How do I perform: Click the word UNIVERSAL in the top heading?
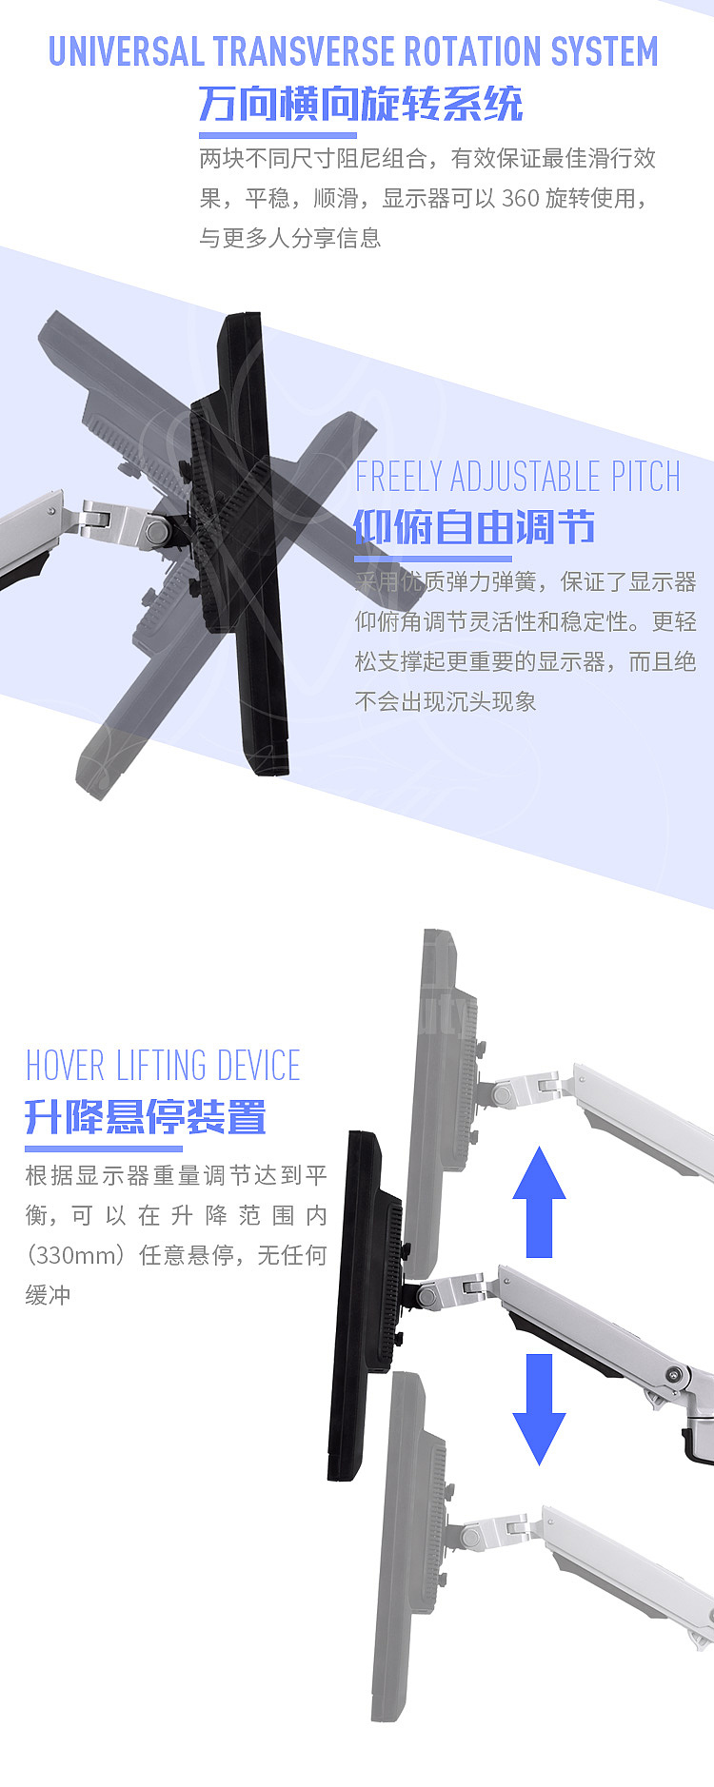tap(126, 51)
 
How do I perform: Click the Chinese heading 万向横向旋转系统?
tap(360, 104)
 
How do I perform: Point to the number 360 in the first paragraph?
tap(520, 198)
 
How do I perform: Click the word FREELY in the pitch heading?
tap(398, 477)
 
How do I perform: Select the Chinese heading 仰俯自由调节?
tap(474, 526)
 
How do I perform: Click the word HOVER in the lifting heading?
tap(65, 1066)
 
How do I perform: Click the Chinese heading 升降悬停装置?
tap(146, 1116)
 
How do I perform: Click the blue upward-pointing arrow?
tap(539, 1201)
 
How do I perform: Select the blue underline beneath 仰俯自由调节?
tap(433, 559)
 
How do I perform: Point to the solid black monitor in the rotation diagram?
tap(252, 542)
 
